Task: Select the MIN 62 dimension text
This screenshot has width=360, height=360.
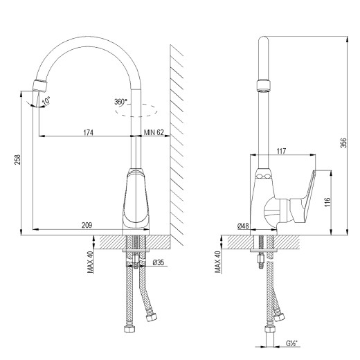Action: coord(154,132)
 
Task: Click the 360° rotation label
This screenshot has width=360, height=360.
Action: coord(120,102)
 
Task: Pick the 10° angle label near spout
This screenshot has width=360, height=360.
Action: coord(46,101)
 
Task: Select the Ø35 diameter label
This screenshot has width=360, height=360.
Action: coord(158,263)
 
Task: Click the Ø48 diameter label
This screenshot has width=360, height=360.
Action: coord(242,226)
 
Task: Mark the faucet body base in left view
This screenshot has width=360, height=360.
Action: coord(137,204)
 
